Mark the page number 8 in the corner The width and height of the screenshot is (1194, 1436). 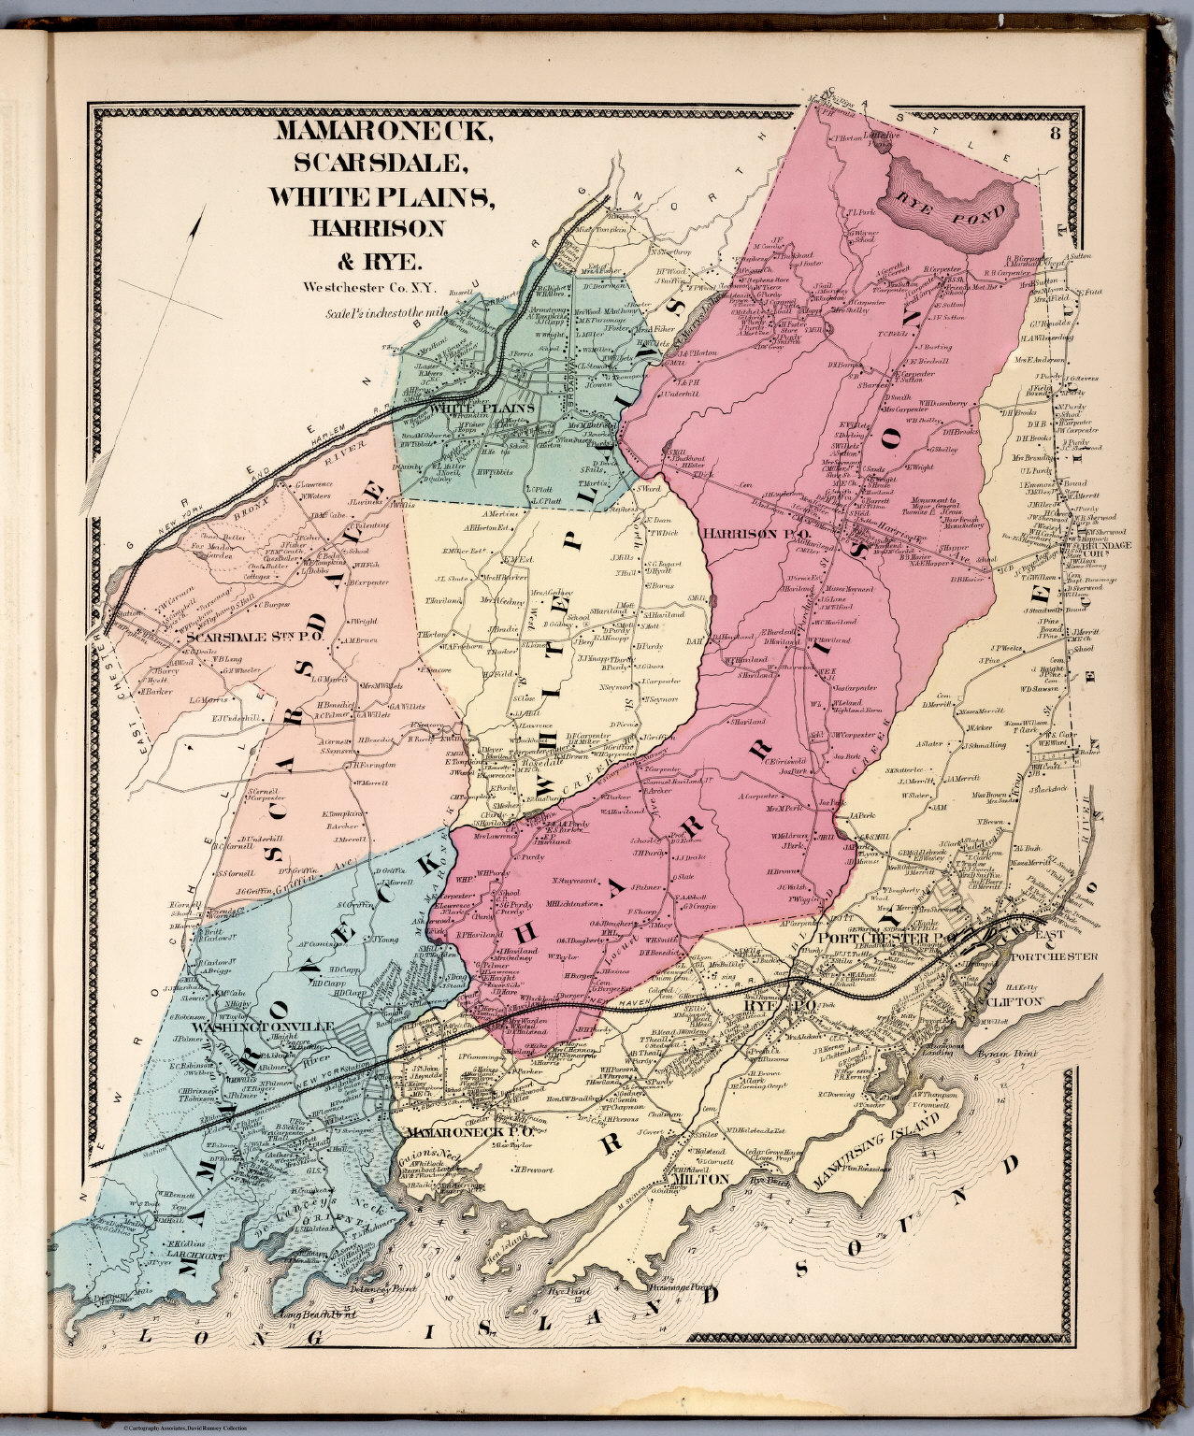tap(1054, 132)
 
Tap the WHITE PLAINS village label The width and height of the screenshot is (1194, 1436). tap(482, 409)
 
